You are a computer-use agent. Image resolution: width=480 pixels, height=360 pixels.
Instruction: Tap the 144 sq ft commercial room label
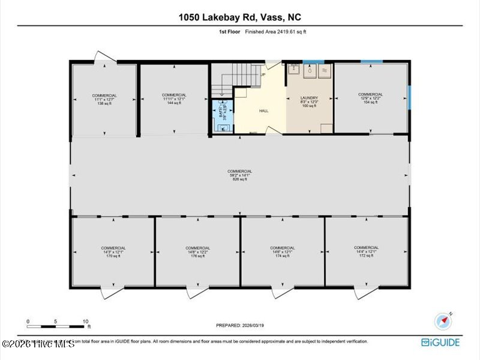click(174, 99)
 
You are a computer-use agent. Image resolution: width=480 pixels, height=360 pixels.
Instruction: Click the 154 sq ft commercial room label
click(370, 98)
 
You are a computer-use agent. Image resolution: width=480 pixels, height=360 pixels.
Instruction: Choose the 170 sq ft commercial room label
click(113, 252)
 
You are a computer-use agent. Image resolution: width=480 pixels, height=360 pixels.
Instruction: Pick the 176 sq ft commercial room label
click(197, 252)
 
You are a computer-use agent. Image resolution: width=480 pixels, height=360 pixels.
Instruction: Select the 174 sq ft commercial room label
click(282, 252)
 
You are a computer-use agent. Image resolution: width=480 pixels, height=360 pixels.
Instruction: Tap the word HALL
click(263, 112)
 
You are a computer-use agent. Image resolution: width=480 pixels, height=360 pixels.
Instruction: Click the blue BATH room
click(221, 113)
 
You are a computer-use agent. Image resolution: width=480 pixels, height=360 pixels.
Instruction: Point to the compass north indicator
click(445, 320)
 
